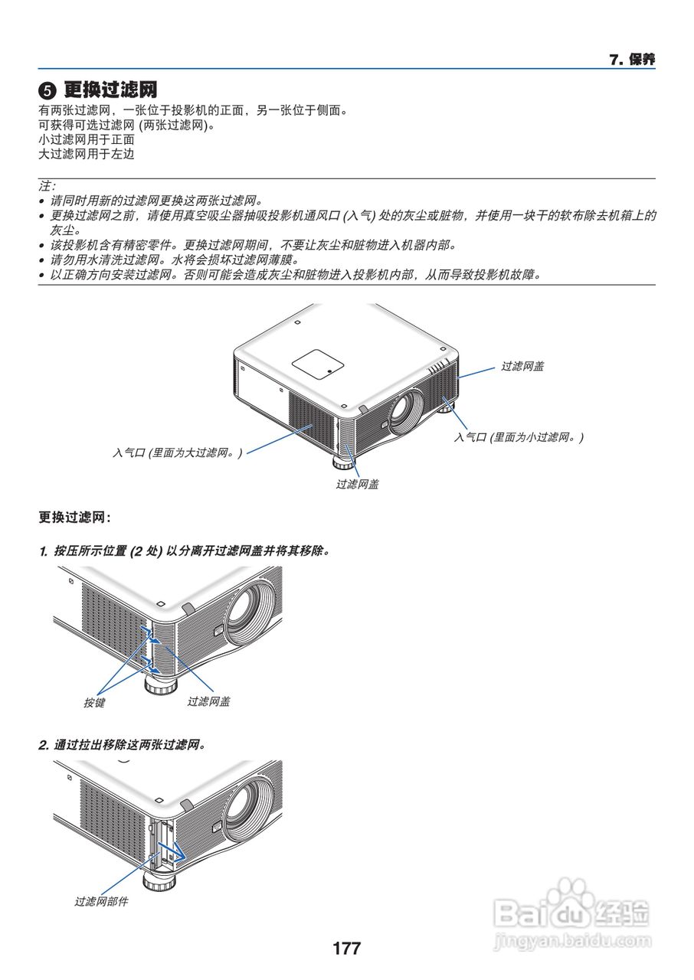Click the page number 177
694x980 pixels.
pyautogui.click(x=346, y=949)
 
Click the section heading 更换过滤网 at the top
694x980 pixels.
pyautogui.click(x=110, y=90)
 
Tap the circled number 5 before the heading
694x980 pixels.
pyautogui.click(x=47, y=91)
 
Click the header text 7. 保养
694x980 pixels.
pyautogui.click(x=632, y=60)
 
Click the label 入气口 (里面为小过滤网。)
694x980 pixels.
pyautogui.click(x=519, y=437)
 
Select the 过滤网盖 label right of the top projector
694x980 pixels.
pyautogui.click(x=522, y=367)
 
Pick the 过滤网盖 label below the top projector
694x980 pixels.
pyautogui.click(x=357, y=484)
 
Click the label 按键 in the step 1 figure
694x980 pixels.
pyautogui.click(x=94, y=702)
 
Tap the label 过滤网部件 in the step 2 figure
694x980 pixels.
pyautogui.click(x=101, y=901)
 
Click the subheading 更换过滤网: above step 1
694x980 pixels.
pyautogui.click(x=74, y=518)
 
